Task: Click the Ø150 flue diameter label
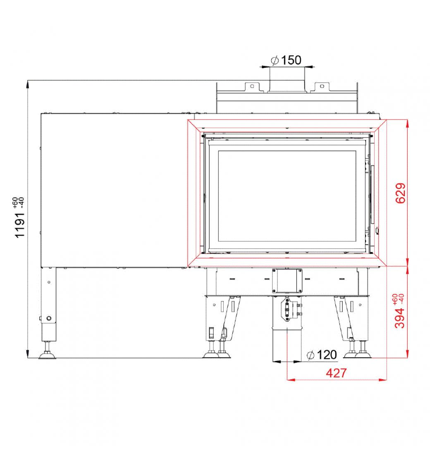[x=286, y=60]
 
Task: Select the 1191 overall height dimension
[x=20, y=225]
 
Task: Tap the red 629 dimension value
[x=401, y=193]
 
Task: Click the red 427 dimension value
[x=336, y=373]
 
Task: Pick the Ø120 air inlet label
[x=322, y=355]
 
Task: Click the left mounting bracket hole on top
[x=252, y=86]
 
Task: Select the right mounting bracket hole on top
[x=322, y=86]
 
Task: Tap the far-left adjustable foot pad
[x=47, y=356]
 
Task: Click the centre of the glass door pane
[x=287, y=196]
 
